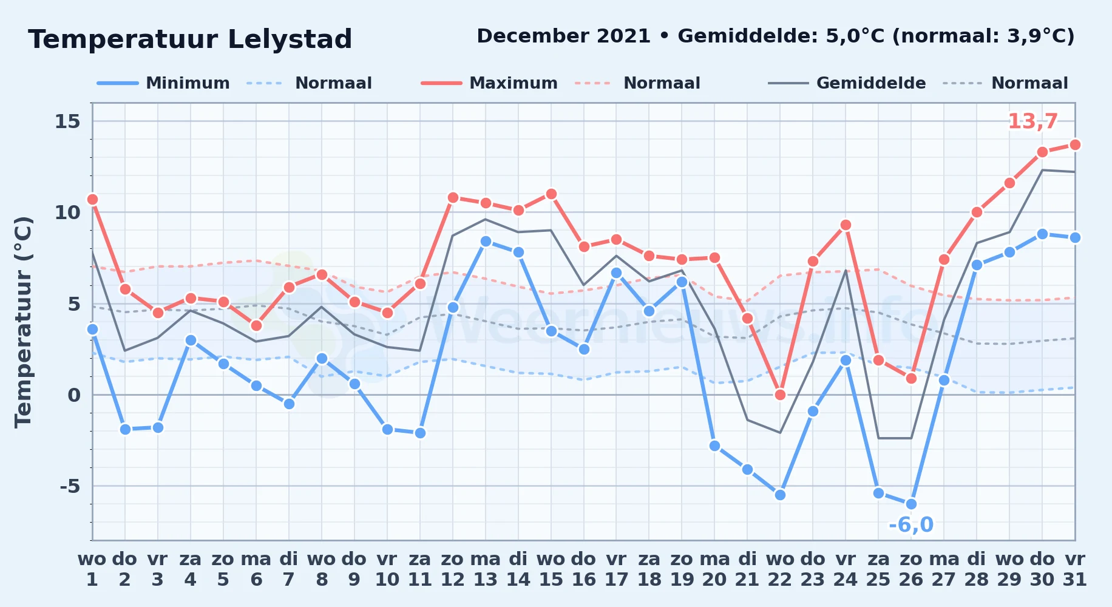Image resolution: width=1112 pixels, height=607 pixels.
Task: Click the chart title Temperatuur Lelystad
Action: tap(190, 39)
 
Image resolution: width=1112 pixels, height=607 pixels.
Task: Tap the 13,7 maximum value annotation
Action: tap(1032, 121)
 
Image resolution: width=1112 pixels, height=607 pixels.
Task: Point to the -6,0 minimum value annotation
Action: tap(911, 524)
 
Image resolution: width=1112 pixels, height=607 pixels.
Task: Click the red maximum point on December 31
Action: tap(1075, 144)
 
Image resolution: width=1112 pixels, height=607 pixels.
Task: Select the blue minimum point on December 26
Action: tap(911, 504)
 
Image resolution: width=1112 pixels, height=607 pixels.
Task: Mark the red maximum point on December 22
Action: tap(780, 395)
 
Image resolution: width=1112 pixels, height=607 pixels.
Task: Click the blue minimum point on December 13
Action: tap(486, 241)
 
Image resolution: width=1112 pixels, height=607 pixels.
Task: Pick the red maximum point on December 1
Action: tap(92, 199)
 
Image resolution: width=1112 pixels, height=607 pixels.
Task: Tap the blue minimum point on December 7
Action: tap(289, 404)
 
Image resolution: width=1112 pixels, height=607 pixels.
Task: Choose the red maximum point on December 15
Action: tap(551, 194)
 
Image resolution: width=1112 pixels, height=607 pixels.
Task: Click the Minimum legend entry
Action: tap(163, 83)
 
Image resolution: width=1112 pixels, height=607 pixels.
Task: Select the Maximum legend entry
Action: tap(489, 83)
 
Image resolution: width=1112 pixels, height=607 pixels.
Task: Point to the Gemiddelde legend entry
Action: tap(847, 83)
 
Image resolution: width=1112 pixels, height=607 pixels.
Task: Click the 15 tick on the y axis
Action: tap(67, 121)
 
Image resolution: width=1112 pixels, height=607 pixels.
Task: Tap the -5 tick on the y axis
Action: tap(70, 486)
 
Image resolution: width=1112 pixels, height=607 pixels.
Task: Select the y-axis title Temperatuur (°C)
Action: tap(23, 322)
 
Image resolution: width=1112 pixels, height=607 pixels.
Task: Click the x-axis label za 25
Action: tap(878, 569)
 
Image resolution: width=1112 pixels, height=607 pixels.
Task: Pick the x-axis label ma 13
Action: tap(486, 569)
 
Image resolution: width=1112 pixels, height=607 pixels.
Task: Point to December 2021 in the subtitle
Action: tap(564, 36)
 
